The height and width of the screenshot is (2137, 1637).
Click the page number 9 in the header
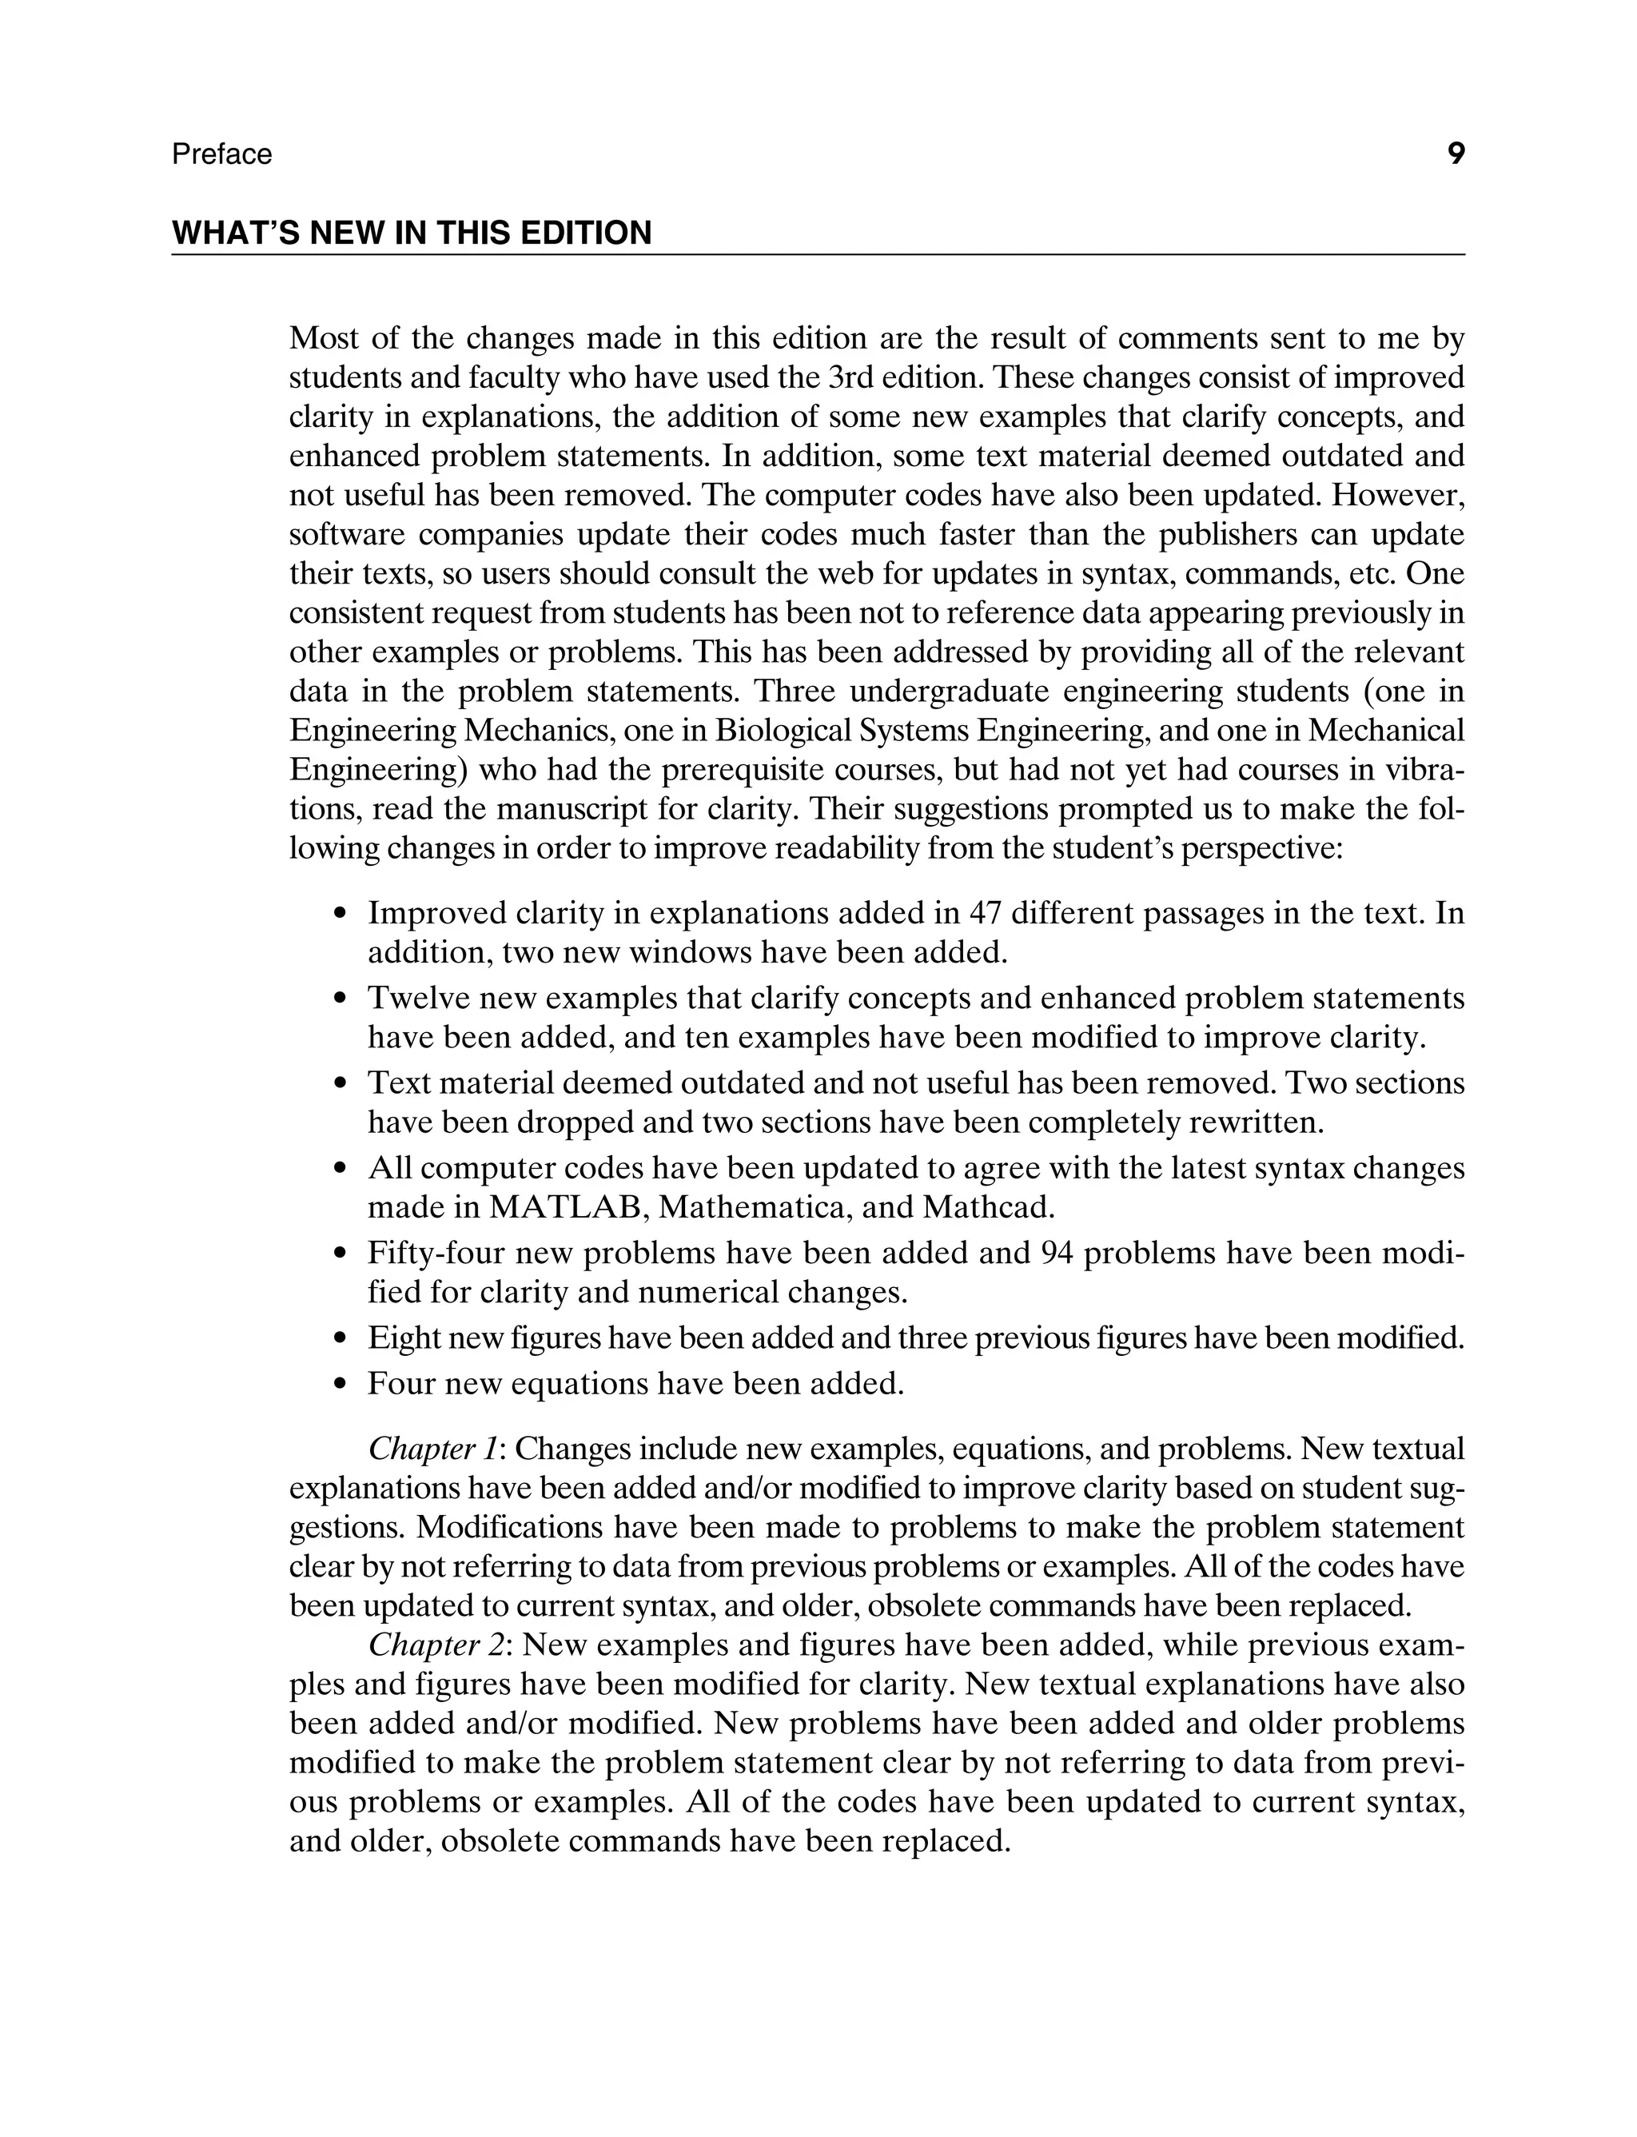click(1456, 154)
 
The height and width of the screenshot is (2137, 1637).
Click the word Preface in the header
click(221, 155)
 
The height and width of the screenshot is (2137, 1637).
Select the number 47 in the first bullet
click(986, 914)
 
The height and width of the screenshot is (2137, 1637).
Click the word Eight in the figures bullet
click(404, 1339)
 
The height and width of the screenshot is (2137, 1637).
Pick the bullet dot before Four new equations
click(339, 1385)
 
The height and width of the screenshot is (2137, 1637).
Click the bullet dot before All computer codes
click(339, 1170)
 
